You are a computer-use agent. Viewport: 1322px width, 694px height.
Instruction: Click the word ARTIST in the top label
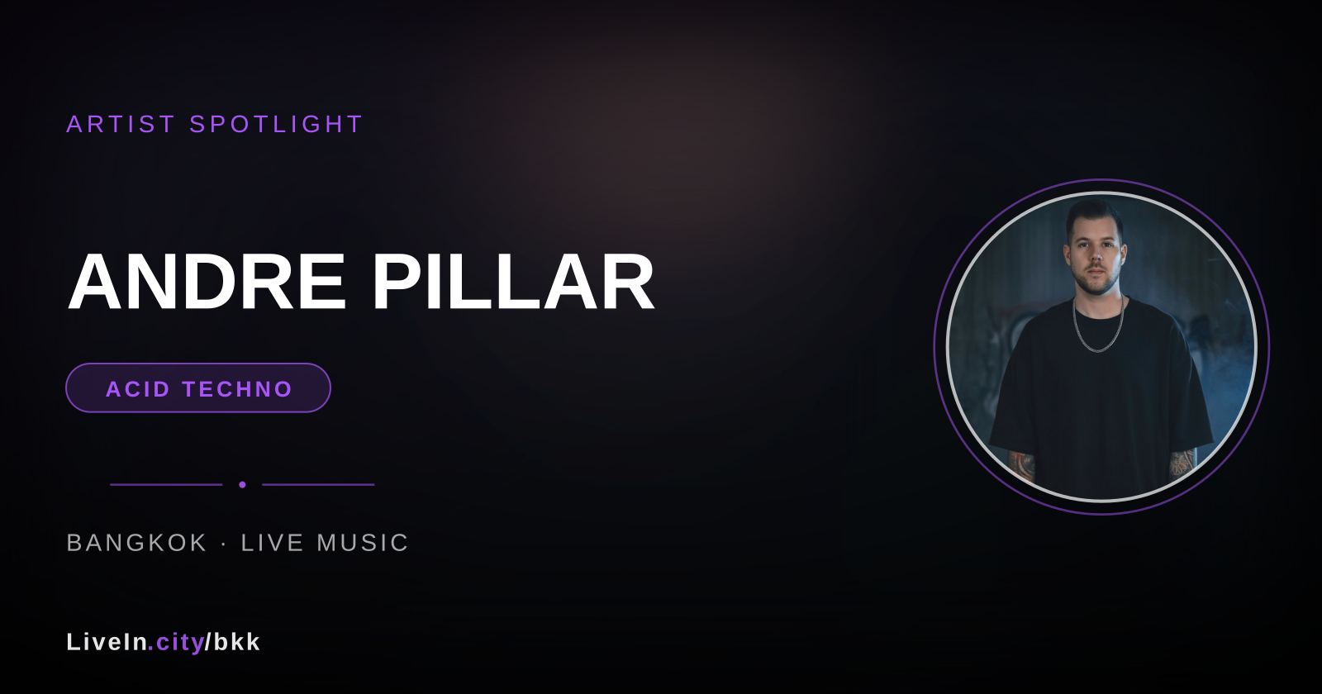(121, 124)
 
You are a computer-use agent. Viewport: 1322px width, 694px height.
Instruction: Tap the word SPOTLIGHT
(276, 124)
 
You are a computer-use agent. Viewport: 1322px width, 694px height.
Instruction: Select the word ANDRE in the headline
(207, 282)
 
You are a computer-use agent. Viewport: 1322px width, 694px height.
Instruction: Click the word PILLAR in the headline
(513, 282)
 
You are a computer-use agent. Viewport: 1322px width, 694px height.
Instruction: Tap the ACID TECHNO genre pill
(197, 387)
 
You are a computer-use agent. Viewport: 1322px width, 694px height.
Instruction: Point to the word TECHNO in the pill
(237, 389)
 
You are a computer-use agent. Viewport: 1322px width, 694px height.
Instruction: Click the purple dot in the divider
(242, 484)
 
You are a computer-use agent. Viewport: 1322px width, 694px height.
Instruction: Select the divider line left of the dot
(166, 484)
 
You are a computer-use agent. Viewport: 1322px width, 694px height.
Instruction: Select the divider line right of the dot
(318, 484)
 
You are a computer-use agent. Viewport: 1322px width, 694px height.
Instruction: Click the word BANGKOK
(137, 543)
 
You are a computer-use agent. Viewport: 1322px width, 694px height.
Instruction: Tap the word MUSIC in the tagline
(363, 543)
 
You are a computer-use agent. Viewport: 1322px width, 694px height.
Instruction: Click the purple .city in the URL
(176, 642)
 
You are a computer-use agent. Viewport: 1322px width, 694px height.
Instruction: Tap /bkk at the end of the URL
(232, 642)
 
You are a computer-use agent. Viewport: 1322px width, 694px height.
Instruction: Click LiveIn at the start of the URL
(107, 642)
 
